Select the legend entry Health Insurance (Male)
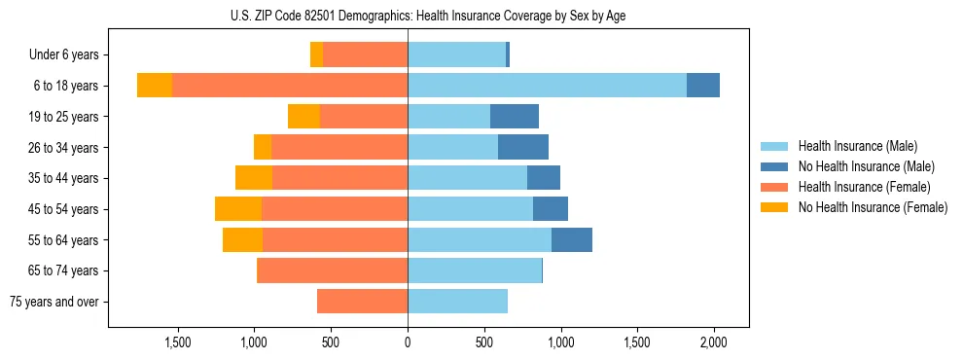(857, 146)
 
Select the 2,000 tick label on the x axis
(714, 342)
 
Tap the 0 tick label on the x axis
(408, 342)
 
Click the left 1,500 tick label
(177, 342)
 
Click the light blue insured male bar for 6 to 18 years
(547, 86)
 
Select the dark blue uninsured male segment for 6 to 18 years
(703, 86)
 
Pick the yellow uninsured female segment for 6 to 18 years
(155, 86)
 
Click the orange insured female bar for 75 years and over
(362, 302)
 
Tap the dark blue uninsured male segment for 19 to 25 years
(515, 117)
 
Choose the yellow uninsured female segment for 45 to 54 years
(238, 209)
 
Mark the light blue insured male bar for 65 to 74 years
(475, 270)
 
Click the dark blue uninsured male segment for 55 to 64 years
(572, 240)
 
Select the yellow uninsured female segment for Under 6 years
(316, 55)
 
